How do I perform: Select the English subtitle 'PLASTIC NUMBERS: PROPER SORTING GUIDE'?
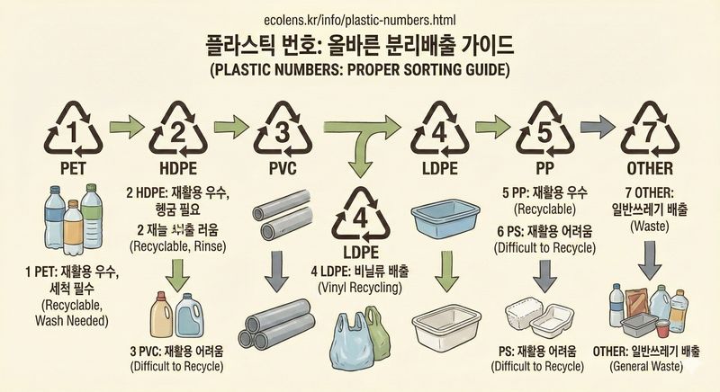359,69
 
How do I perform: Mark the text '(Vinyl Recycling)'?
358,288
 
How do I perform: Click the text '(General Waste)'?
648,366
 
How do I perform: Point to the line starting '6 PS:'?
544,232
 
